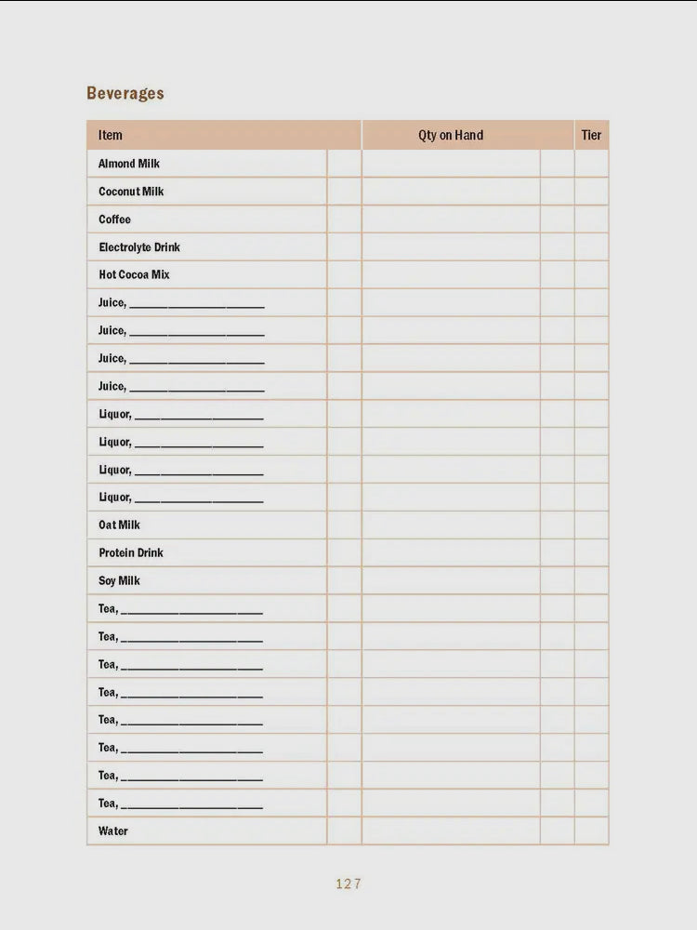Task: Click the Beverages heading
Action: coord(125,93)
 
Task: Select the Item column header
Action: coord(111,135)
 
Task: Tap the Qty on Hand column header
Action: coord(451,135)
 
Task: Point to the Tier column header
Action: coord(591,135)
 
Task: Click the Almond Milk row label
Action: coord(129,164)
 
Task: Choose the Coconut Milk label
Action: coord(131,192)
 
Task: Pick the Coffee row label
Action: coord(115,219)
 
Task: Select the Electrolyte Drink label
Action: coord(139,247)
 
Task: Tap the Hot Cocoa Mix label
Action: coord(134,275)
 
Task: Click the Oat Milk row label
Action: coord(119,525)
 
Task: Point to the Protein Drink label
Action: coord(131,553)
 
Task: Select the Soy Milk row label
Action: coord(119,581)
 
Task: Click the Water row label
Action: coord(113,831)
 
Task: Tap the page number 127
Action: coord(348,884)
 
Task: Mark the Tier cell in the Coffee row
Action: coord(591,219)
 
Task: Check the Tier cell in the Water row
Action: coord(591,831)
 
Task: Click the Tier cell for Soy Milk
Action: coord(591,581)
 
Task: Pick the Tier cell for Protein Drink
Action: coord(591,553)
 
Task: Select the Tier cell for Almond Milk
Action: coord(591,164)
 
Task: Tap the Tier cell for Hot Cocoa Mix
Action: coord(591,275)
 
